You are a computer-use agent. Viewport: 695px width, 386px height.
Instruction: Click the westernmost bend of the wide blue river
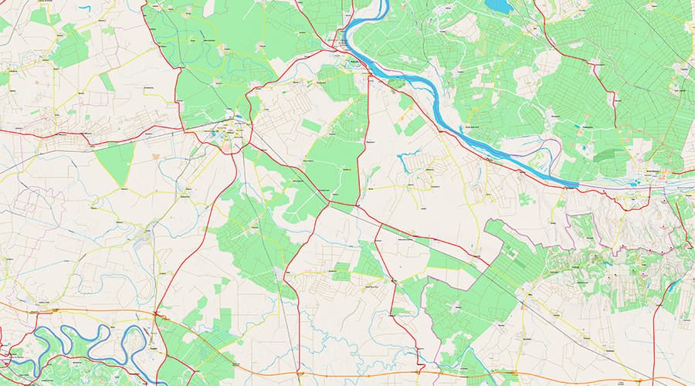coord(345,31)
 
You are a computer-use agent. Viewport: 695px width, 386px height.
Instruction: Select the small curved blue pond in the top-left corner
coord(84,8)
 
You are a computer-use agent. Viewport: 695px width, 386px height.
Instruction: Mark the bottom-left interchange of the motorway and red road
coord(156,314)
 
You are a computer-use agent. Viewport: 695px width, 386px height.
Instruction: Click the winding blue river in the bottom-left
coord(69,340)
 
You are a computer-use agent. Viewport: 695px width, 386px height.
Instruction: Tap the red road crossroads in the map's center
coord(331,202)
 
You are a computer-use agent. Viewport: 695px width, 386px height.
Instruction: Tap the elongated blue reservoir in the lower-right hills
coord(672,286)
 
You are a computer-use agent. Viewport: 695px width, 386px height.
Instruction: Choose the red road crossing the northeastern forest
coord(602,77)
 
